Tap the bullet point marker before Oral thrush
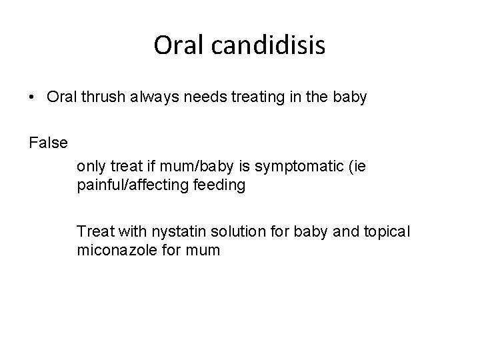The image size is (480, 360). pos(33,97)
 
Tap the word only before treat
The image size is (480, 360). pos(91,165)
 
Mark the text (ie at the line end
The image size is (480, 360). pos(356,165)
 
